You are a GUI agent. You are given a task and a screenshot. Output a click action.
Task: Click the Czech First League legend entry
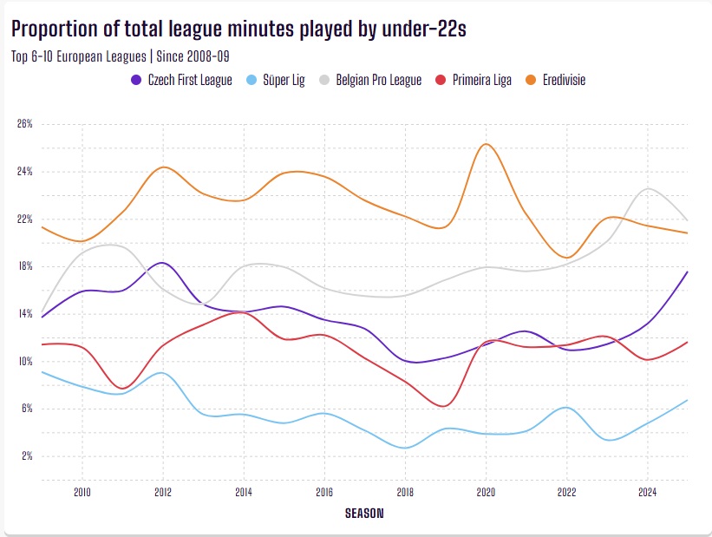click(x=181, y=80)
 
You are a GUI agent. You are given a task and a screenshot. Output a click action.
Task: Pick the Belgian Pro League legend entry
click(x=373, y=80)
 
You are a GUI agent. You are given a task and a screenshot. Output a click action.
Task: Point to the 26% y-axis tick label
click(x=24, y=124)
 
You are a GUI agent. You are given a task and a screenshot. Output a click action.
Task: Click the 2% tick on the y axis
click(x=26, y=456)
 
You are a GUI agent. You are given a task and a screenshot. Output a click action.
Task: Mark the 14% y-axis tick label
click(x=24, y=314)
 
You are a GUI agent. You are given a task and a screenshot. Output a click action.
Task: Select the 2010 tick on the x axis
click(x=82, y=491)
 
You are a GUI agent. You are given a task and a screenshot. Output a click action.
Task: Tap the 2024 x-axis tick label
click(x=647, y=491)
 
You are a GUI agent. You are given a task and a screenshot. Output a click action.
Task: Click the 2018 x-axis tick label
click(x=405, y=491)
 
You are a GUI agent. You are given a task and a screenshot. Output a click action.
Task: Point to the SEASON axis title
click(x=364, y=513)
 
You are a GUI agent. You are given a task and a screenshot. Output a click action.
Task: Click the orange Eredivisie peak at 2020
click(x=486, y=144)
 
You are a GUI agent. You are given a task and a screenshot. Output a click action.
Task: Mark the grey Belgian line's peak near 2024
click(x=647, y=188)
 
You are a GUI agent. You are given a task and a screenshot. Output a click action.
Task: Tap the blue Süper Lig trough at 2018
click(x=405, y=448)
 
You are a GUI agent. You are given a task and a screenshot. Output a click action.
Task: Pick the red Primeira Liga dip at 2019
click(x=444, y=406)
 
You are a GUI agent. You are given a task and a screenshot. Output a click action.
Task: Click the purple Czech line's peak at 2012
click(x=162, y=262)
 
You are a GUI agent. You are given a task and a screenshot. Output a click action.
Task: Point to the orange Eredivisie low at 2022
click(x=566, y=258)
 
